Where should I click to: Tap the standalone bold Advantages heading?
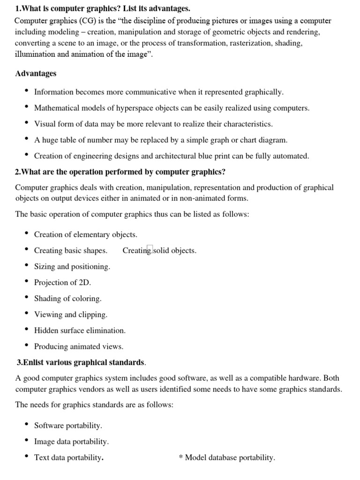click(36, 74)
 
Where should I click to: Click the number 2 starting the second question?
click(17, 172)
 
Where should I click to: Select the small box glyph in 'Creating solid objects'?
click(150, 250)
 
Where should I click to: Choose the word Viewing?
click(48, 315)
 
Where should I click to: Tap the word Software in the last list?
click(49, 426)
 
